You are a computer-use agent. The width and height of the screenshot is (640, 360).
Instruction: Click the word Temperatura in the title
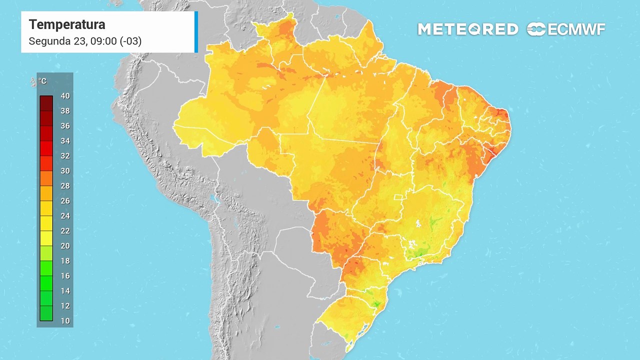[x=67, y=24]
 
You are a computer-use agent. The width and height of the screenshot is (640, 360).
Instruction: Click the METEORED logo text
[x=467, y=29]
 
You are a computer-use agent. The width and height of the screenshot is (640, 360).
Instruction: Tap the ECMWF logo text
[x=576, y=29]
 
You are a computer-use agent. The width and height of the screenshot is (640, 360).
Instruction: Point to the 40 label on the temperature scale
[x=64, y=96]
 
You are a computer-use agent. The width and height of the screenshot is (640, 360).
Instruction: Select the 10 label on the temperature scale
[x=64, y=321]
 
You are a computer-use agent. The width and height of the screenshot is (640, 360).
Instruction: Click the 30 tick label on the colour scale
[x=64, y=171]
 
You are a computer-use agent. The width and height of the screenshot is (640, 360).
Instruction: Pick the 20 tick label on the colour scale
[x=64, y=246]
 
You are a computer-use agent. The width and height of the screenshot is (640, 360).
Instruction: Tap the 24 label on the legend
[x=64, y=216]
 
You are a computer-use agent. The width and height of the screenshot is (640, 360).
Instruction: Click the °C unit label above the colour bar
[x=42, y=81]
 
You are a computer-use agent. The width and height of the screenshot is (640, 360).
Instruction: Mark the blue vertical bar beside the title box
[x=196, y=32]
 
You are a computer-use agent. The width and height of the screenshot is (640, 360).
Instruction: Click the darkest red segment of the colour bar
[x=46, y=103]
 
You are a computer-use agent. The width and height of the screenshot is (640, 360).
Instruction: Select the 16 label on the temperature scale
[x=64, y=276]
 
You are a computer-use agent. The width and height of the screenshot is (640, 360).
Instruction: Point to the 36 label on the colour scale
[x=64, y=126]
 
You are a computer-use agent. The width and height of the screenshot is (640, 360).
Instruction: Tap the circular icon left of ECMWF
[x=536, y=29]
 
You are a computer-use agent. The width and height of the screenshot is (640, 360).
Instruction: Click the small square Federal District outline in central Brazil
[x=398, y=197]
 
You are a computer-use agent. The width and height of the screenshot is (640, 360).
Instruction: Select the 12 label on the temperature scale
[x=64, y=306]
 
